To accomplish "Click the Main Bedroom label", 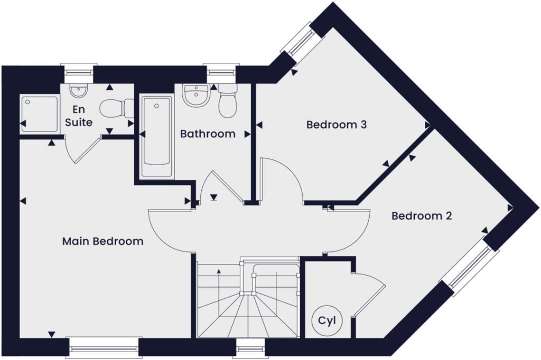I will (102, 241).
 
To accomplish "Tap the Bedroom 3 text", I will (337, 125).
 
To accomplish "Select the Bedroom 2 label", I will (421, 216).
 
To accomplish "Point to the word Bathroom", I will (208, 134).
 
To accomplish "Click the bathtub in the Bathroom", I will (156, 136).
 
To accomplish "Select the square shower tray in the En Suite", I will (39, 113).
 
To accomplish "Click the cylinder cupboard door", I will (367, 296).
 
